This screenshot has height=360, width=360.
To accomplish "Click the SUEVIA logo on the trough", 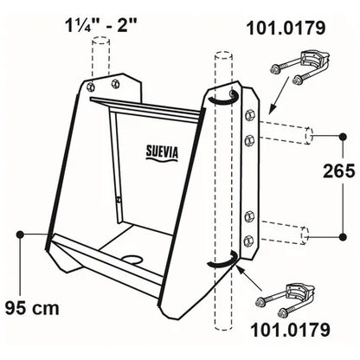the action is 162,153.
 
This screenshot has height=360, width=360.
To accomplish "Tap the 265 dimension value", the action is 338,171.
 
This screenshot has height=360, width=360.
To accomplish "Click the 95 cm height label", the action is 32,308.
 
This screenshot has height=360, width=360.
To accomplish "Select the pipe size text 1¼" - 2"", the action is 100,27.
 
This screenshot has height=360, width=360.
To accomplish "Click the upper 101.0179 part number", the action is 286,28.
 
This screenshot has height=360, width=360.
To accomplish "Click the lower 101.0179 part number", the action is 290,330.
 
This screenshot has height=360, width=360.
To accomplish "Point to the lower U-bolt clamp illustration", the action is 286,300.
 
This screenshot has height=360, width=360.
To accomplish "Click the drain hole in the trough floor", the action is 132,259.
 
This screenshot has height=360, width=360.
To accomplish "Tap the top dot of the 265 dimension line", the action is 343,137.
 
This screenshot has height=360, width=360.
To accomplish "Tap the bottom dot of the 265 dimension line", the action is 343,237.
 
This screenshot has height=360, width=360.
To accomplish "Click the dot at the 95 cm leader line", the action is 20,235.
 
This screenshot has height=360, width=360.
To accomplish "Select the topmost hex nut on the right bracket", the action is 248,115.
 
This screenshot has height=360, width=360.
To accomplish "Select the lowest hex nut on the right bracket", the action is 248,240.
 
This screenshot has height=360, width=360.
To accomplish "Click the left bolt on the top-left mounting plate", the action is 91,86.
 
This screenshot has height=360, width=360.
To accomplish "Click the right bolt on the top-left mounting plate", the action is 116,83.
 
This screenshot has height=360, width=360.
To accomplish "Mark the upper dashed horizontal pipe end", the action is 309,134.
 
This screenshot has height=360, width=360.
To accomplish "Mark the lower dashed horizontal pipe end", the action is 305,235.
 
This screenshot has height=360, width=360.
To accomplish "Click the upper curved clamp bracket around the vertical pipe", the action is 223,98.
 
